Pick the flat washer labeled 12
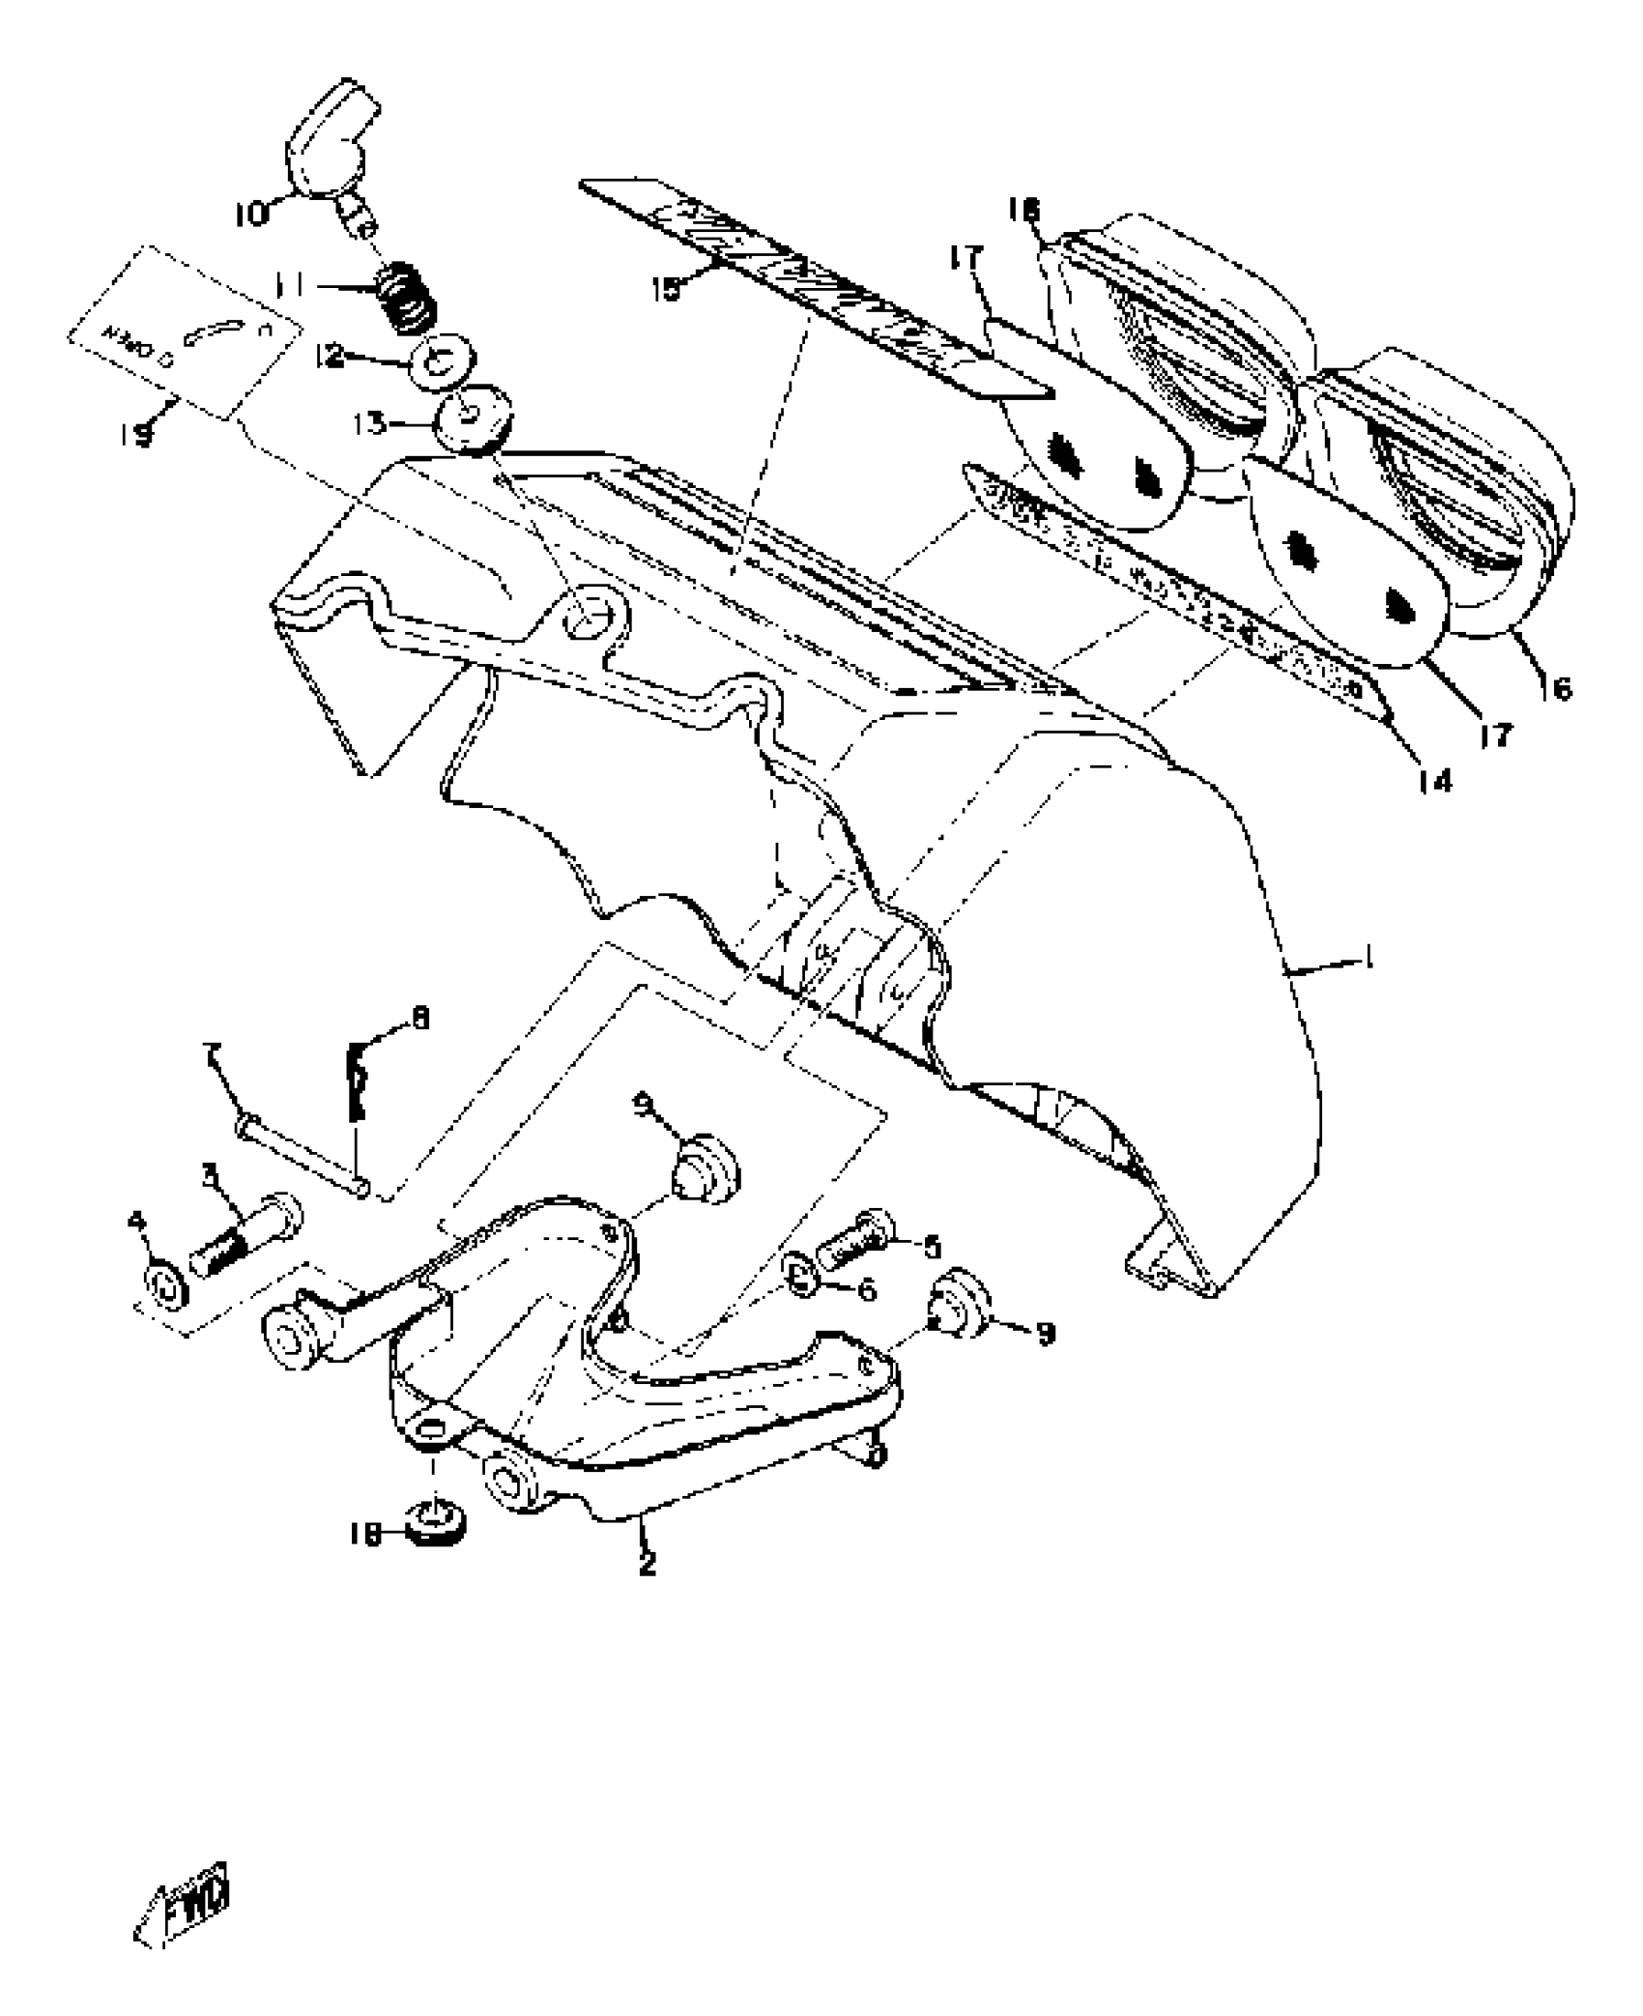click(x=444, y=362)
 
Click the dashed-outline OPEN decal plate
click(x=184, y=333)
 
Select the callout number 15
click(x=666, y=288)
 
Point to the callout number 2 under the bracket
click(x=648, y=1562)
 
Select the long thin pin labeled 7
click(x=302, y=1153)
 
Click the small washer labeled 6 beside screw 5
click(x=801, y=1281)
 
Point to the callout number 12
click(x=330, y=357)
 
